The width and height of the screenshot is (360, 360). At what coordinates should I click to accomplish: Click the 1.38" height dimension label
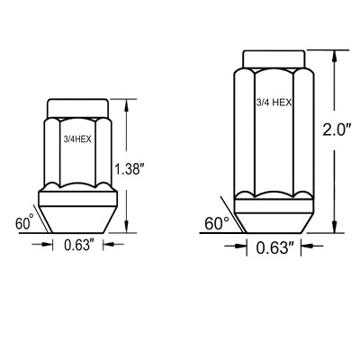click(x=128, y=170)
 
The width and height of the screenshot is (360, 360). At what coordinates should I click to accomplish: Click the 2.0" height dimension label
click(x=337, y=130)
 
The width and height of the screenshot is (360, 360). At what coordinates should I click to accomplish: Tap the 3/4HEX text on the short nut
click(x=77, y=139)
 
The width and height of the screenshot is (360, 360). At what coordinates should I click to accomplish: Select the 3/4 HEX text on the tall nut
click(x=274, y=103)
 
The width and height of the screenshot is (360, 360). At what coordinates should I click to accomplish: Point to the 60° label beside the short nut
click(x=24, y=223)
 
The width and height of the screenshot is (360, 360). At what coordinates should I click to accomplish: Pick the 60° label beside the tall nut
click(x=217, y=223)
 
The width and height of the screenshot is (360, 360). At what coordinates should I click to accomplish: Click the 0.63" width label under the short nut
click(x=77, y=245)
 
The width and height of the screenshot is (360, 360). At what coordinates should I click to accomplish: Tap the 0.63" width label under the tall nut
click(x=274, y=247)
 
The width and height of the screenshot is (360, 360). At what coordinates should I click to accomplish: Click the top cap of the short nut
click(x=77, y=108)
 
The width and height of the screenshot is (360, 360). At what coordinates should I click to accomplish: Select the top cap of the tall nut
click(x=274, y=59)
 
